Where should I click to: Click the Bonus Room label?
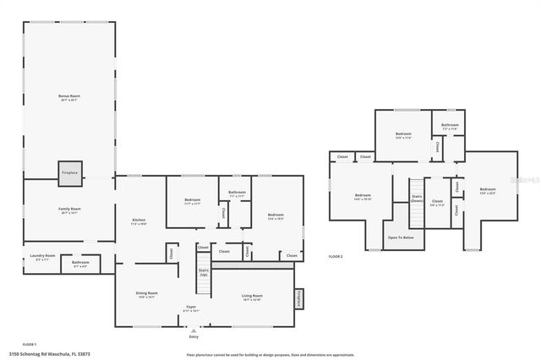coord(68,98)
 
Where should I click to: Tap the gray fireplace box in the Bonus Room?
coord(69,172)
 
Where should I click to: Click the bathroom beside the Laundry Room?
coord(80,264)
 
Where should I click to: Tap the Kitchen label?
coord(139,222)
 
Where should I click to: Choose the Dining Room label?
coord(146,295)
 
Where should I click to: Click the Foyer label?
coord(191,309)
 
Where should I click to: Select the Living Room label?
coord(252,297)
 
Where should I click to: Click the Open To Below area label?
coord(401,237)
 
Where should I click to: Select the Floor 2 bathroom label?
coord(450,126)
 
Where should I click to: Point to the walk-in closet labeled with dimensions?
coord(437,203)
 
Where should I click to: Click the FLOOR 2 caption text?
coord(336,256)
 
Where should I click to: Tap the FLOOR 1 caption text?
coord(30,344)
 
